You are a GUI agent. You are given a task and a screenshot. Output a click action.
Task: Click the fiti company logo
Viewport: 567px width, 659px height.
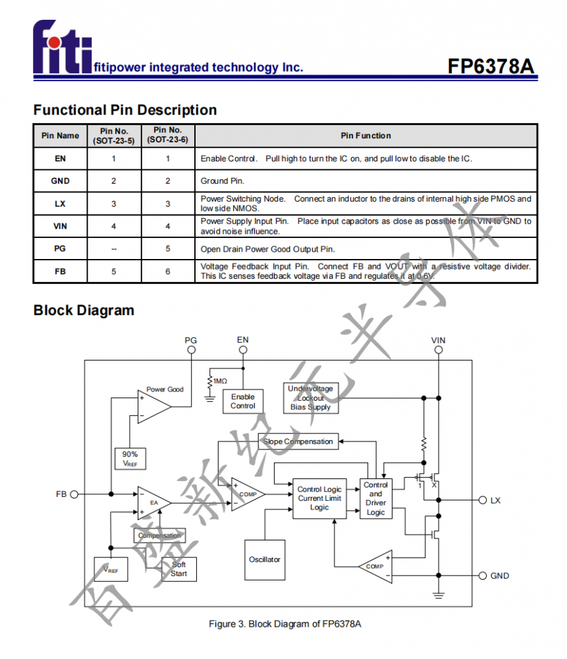tap(63, 47)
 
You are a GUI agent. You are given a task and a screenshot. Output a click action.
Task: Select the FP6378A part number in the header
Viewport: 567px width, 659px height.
tap(491, 67)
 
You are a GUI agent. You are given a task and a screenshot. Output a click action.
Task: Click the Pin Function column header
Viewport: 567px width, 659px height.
tap(366, 136)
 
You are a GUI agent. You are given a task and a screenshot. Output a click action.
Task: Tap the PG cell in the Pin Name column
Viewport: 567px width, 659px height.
tap(60, 248)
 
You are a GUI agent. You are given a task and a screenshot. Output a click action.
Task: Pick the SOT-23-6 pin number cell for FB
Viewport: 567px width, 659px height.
tap(168, 272)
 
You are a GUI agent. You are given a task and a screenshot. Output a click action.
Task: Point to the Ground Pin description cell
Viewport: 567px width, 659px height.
tap(366, 181)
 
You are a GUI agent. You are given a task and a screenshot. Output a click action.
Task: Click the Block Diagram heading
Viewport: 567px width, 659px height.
tap(84, 310)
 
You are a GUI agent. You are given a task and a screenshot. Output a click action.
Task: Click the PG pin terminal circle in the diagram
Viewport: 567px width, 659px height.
tap(191, 350)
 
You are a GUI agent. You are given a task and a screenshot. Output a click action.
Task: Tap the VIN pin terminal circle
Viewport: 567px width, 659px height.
tap(438, 350)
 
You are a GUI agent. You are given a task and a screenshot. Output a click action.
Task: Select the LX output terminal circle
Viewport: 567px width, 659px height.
tap(483, 500)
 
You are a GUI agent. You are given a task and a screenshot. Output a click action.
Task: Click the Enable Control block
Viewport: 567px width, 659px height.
tap(243, 401)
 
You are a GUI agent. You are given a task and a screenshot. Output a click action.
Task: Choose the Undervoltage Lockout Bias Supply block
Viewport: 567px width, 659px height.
tap(311, 398)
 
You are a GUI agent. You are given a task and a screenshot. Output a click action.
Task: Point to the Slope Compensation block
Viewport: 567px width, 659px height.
tap(298, 442)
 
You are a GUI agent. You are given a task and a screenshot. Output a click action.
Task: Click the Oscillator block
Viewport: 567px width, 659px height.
tap(265, 559)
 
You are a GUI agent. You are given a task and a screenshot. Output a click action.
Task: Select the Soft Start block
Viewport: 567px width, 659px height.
tap(179, 569)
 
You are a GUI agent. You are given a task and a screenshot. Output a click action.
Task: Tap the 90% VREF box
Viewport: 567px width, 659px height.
tap(130, 459)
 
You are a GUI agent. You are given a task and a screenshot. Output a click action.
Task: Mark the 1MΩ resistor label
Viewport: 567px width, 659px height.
tap(220, 381)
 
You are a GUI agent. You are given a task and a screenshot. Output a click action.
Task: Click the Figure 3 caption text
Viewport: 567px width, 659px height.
tap(284, 623)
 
